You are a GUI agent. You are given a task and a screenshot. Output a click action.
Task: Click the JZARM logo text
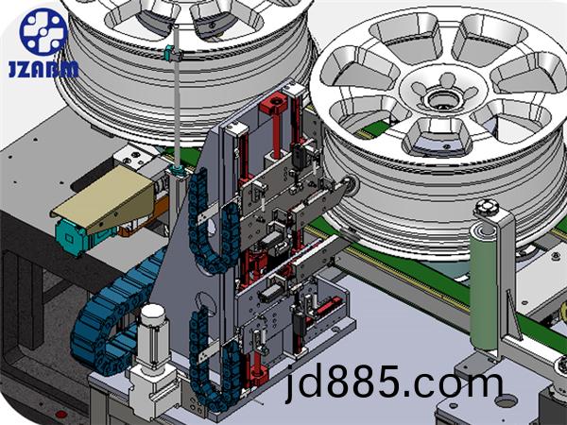tap(43, 69)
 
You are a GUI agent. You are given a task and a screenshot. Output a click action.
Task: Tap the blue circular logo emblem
tap(43, 32)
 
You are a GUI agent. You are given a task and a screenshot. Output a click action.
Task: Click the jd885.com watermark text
tap(394, 382)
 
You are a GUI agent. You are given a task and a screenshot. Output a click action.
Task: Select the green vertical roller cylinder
tap(484, 285)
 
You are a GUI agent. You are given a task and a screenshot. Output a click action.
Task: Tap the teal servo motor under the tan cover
tap(77, 237)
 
